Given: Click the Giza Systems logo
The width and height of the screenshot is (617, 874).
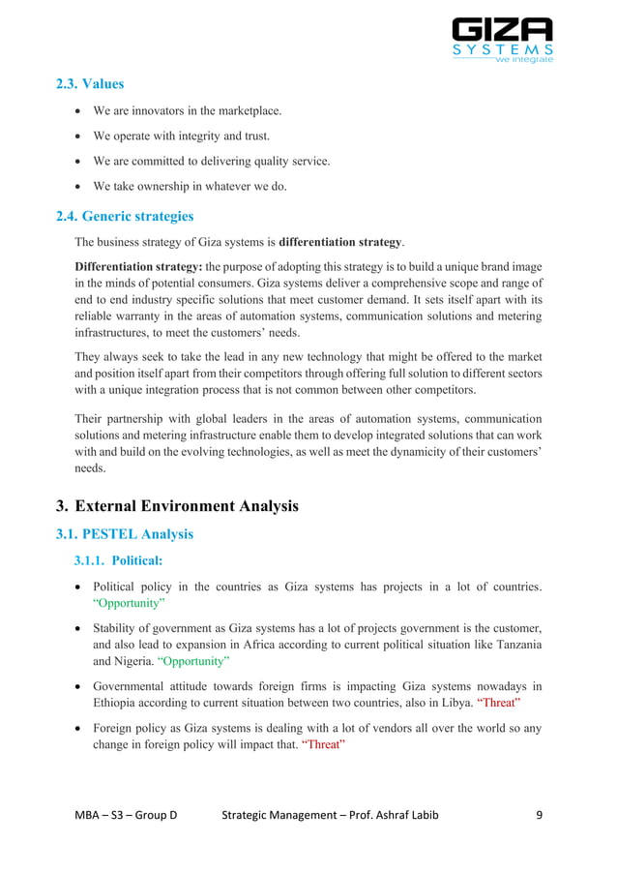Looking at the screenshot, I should [x=502, y=40].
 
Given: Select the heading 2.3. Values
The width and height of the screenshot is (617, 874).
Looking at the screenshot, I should [x=90, y=84].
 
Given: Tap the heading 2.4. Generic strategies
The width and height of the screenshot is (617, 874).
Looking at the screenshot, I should [x=125, y=215].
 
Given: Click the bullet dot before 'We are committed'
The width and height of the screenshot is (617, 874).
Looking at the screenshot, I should [x=79, y=162].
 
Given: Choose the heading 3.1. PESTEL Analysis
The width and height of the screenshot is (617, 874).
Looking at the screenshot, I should [x=125, y=533].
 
